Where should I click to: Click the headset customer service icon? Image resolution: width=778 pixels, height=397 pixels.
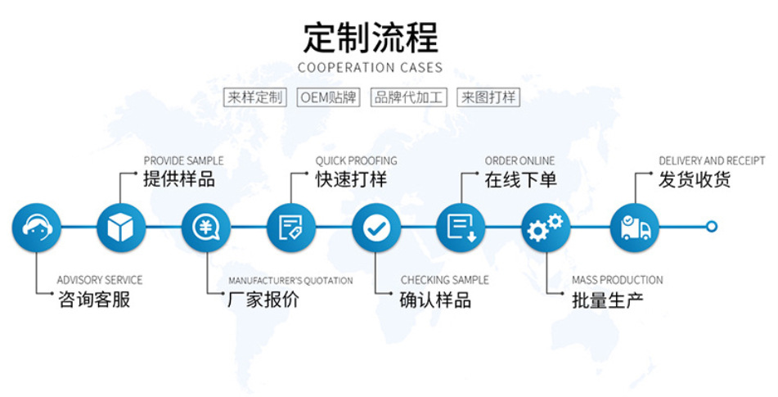coord(36,227)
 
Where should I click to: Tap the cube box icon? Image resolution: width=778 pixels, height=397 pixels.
coord(121,227)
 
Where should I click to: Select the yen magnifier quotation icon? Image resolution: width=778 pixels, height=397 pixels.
coord(206,227)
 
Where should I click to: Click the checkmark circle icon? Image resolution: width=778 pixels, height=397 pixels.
coord(376,227)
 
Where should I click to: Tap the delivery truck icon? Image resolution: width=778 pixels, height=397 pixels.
coord(635,227)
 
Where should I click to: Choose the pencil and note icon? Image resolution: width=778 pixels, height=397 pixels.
coord(291,227)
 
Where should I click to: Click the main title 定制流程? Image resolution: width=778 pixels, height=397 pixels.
coord(371,38)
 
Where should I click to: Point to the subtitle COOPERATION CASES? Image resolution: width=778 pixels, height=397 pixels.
coord(370,68)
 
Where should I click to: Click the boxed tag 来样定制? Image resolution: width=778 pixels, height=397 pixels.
coord(255,97)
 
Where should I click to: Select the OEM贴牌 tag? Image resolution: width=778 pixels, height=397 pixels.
coord(328,97)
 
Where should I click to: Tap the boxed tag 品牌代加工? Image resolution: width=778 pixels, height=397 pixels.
coord(408,97)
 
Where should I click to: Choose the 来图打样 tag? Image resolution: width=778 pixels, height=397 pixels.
coord(488,97)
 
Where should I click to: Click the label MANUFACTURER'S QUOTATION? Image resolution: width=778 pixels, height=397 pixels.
coord(290,281)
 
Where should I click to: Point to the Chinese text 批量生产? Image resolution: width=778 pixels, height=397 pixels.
coord(607,300)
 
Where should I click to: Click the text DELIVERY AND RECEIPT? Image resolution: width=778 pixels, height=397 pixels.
coord(712,160)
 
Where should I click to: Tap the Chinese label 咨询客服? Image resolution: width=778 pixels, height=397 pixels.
coord(94,300)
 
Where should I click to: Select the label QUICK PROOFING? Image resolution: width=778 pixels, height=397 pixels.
coord(357,160)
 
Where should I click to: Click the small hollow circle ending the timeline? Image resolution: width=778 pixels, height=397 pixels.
coord(712,227)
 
